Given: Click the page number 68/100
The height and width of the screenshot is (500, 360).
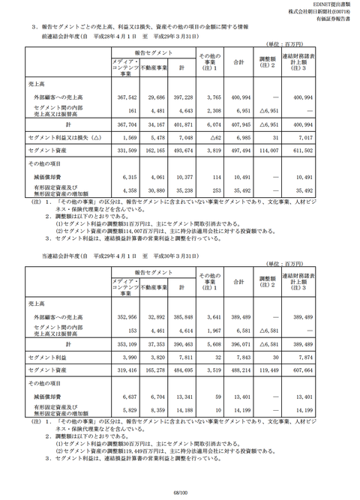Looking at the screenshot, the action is click(x=180, y=493).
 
